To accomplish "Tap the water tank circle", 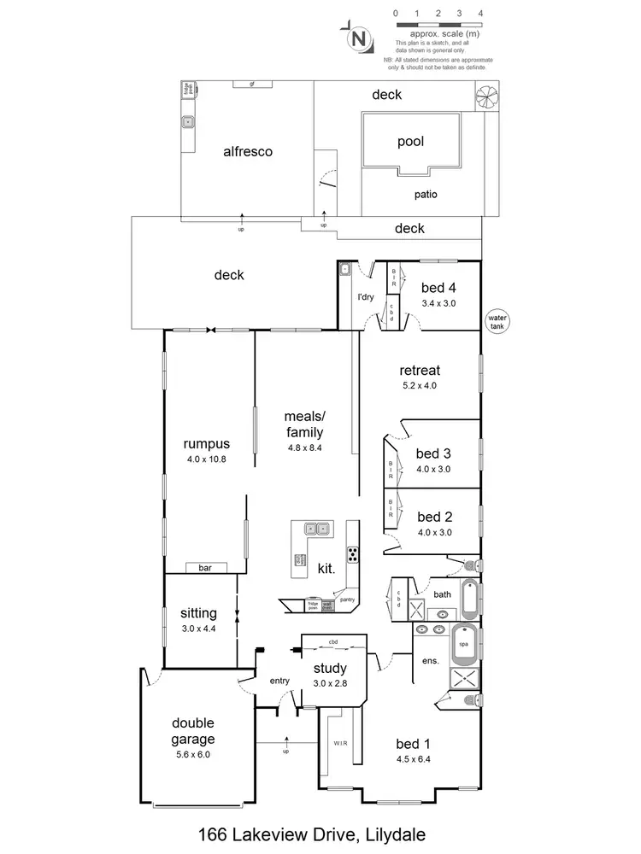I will click(x=497, y=321).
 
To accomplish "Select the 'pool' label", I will click(x=411, y=143).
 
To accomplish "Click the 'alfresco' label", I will click(x=247, y=151).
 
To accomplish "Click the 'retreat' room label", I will click(x=420, y=371).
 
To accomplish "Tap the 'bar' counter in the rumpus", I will click(x=205, y=567).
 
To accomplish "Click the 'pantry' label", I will click(x=347, y=600).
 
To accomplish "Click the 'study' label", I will click(x=330, y=668).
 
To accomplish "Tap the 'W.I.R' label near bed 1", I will click(x=338, y=744).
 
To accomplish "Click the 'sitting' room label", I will click(x=198, y=613).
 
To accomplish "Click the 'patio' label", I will click(x=426, y=195).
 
